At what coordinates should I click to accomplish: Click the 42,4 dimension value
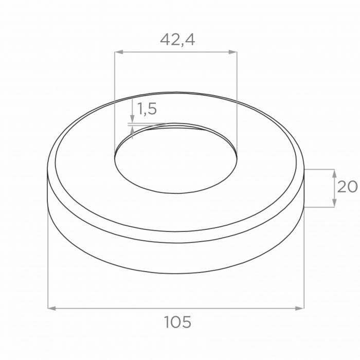[177, 40]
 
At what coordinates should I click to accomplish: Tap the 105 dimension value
[177, 322]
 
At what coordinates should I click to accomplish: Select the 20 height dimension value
[347, 186]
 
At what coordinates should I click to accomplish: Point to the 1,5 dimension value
[147, 109]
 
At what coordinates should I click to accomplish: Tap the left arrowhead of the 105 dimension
[51, 308]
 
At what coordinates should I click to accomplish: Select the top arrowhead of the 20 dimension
[335, 173]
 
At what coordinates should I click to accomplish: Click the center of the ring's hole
[176, 159]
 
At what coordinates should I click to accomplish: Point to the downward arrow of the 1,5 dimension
[133, 120]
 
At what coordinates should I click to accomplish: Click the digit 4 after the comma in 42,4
[189, 40]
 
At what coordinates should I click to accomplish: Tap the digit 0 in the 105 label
[177, 322]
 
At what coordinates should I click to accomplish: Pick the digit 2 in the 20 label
[341, 186]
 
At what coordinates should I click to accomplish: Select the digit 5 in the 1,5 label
[152, 109]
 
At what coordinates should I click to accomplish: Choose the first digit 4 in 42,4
[166, 40]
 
